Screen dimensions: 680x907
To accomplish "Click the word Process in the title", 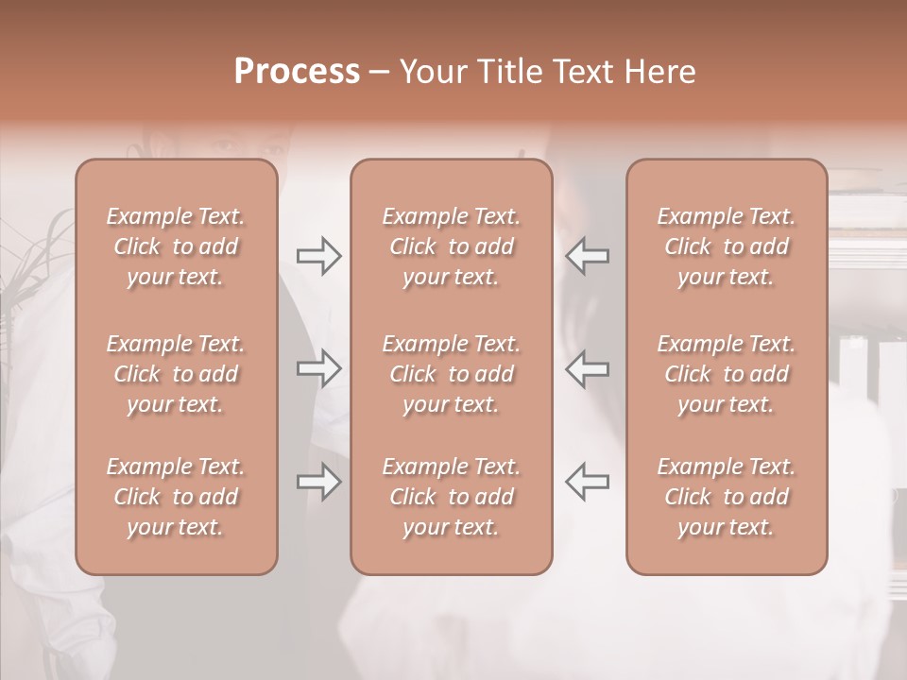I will pyautogui.click(x=297, y=72).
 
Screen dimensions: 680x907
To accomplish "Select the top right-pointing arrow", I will pyautogui.click(x=318, y=256).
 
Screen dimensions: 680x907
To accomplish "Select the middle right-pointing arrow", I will pyautogui.click(x=318, y=368).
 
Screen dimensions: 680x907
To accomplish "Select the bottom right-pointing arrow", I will pyautogui.click(x=318, y=482).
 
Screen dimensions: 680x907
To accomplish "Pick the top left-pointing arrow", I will pyautogui.click(x=587, y=256).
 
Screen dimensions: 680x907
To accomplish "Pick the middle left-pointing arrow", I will pyautogui.click(x=587, y=368).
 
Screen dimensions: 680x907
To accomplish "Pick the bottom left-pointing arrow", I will pyautogui.click(x=587, y=482).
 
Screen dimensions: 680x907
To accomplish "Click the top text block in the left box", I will pyautogui.click(x=176, y=246).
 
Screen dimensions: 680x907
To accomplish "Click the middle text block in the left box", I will pyautogui.click(x=176, y=374).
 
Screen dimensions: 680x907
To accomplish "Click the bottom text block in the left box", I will pyautogui.click(x=176, y=497).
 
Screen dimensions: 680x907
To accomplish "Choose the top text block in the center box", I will pyautogui.click(x=451, y=246).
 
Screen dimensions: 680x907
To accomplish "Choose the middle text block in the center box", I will pyautogui.click(x=451, y=374).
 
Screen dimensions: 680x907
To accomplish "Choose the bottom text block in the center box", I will pyautogui.click(x=451, y=497).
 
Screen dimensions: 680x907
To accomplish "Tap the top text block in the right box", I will pyautogui.click(x=726, y=246).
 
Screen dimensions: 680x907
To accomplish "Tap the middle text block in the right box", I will pyautogui.click(x=726, y=374).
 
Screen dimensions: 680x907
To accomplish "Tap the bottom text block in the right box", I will pyautogui.click(x=726, y=497).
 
